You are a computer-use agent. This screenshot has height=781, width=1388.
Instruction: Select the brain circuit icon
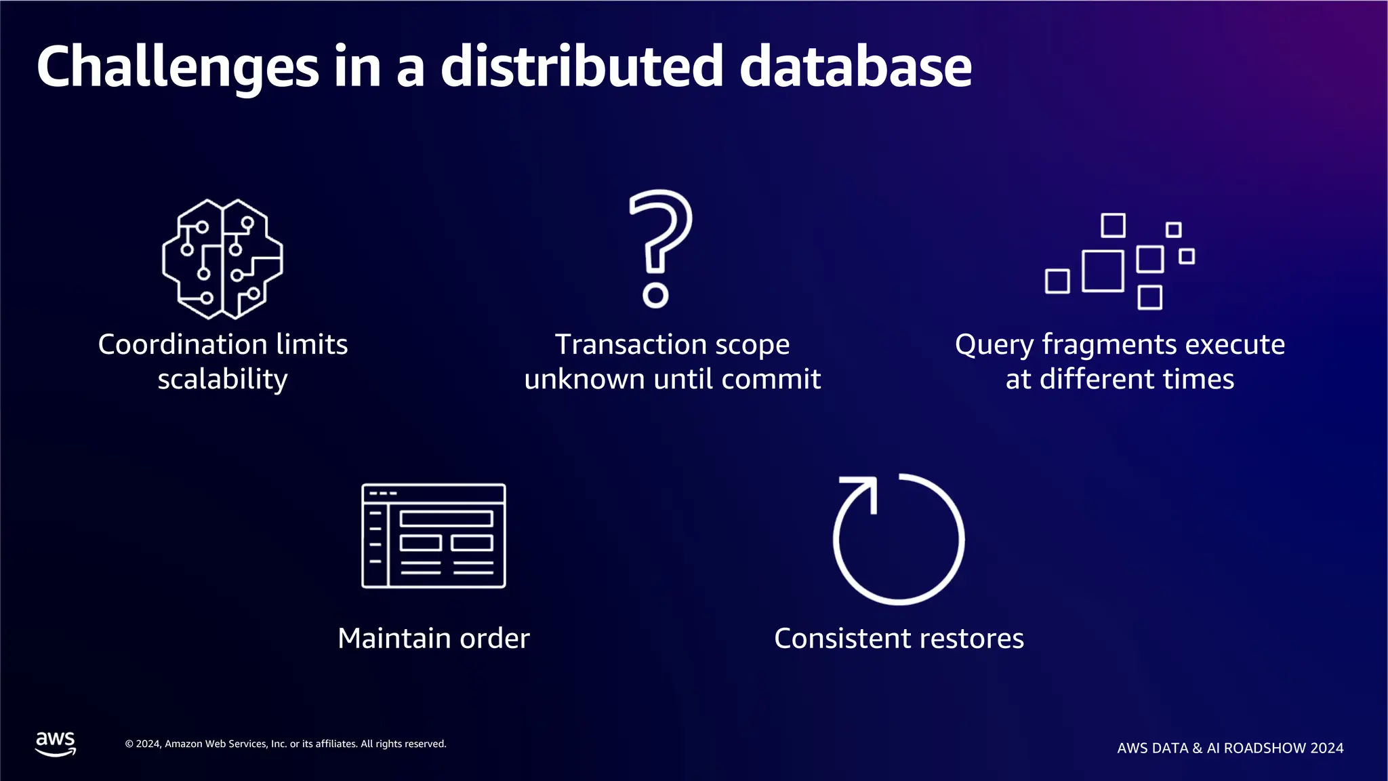coord(222,259)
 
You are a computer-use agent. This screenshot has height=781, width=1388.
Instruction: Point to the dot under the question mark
coord(655,296)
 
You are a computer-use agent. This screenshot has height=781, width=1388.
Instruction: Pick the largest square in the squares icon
coord(1103,271)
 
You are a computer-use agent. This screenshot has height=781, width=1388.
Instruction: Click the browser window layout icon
coord(434,536)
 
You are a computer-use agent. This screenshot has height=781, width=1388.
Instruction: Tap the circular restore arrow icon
coord(899,539)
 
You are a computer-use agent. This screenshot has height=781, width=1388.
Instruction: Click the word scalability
coord(222,379)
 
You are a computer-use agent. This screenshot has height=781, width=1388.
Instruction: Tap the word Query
coord(994,344)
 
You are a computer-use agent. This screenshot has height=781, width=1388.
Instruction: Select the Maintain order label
coord(434,638)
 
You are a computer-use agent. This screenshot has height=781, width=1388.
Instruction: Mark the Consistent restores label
coord(899,638)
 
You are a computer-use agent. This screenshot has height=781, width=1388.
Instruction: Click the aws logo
coord(56,743)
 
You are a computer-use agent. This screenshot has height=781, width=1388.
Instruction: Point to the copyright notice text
coord(285,744)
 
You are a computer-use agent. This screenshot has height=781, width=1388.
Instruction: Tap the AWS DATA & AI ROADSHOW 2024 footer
coord(1230,748)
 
